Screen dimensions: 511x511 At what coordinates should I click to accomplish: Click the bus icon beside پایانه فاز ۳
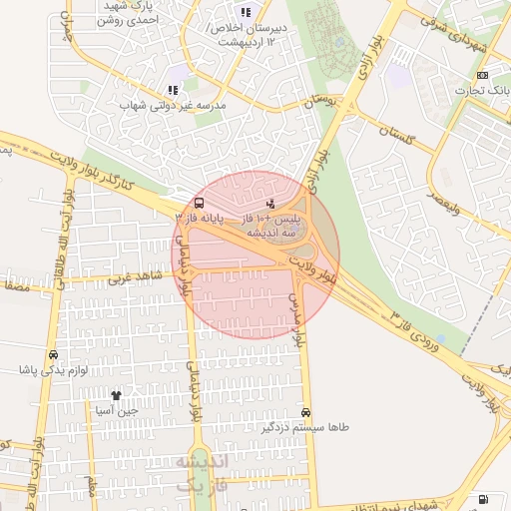pos(197,204)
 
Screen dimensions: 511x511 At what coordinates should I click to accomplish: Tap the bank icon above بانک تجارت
pos(483,76)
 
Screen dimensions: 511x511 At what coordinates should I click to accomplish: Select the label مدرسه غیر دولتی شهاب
pos(174,104)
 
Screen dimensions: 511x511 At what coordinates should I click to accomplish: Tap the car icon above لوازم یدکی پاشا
pos(53,354)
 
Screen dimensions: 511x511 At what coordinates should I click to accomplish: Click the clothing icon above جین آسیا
pos(116,396)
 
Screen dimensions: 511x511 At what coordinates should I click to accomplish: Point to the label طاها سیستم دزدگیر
pos(305,426)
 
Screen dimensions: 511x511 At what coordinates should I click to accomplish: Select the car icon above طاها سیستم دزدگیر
pos(305,412)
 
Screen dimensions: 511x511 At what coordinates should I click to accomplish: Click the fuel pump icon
pos(484,498)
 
